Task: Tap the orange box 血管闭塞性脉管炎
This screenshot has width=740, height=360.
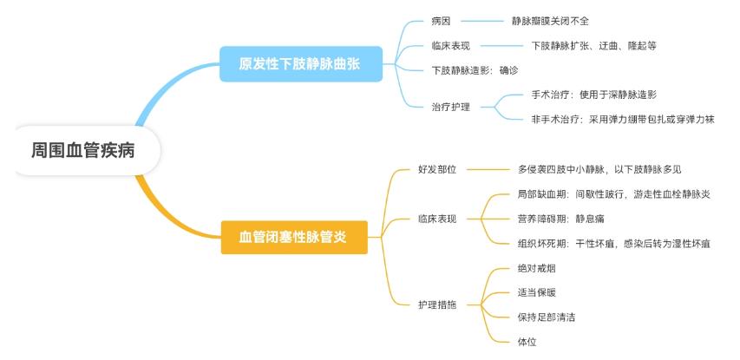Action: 293,236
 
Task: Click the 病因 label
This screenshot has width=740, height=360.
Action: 441,20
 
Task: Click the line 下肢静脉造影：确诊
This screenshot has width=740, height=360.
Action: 474,69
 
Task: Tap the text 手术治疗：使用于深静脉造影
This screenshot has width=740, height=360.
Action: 599,95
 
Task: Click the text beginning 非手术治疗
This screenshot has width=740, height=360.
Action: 622,119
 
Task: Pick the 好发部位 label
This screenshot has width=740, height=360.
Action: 436,169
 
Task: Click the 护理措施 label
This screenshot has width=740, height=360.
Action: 436,304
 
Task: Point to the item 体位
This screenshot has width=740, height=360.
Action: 527,342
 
